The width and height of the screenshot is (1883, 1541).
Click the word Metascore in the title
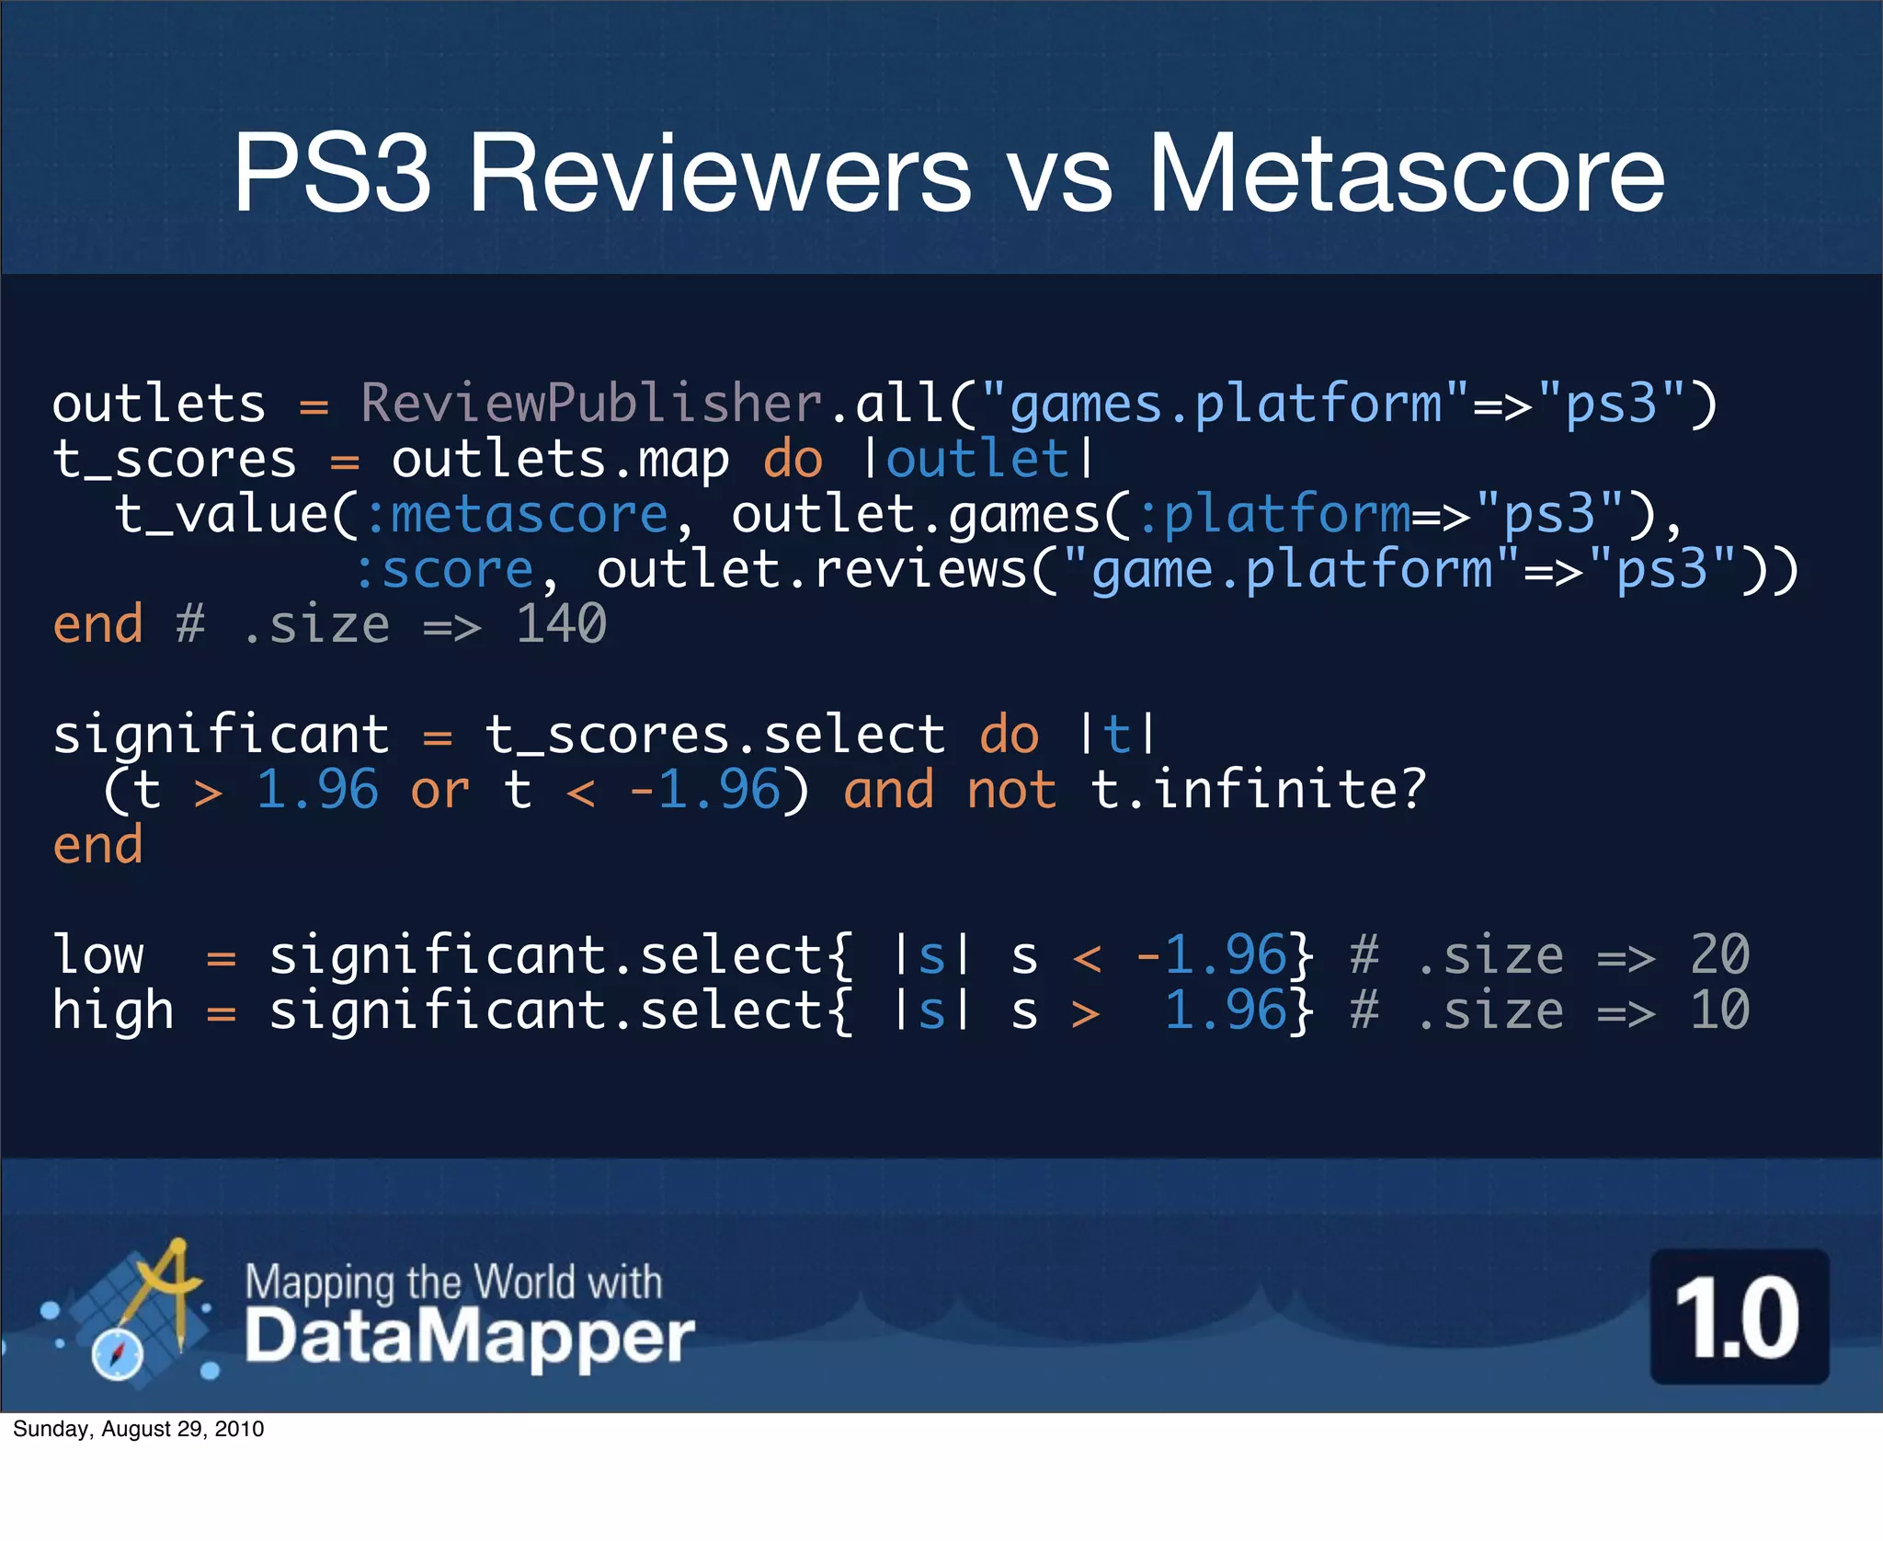click(1406, 173)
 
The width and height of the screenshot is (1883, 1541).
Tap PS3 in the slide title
click(332, 173)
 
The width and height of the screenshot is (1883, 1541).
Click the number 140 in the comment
click(561, 624)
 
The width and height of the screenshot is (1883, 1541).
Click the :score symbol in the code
click(445, 569)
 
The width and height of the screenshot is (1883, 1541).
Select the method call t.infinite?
click(1258, 790)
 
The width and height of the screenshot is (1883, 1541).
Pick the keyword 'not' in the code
click(1011, 790)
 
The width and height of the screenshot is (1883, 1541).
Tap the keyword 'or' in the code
click(439, 790)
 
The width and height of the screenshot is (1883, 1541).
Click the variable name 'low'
click(98, 955)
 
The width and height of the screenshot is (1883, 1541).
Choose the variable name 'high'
click(113, 1010)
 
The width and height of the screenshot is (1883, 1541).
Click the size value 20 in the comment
click(1719, 955)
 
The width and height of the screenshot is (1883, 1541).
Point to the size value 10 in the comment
click(1719, 1010)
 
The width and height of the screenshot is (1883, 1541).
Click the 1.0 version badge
click(1739, 1317)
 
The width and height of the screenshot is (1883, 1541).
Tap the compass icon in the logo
click(118, 1354)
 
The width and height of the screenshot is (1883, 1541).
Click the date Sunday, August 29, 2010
click(139, 1429)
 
